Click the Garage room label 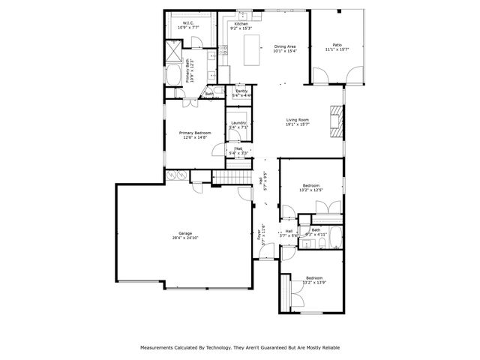(x=185, y=233)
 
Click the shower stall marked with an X (x=172, y=52)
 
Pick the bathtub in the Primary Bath (x=172, y=76)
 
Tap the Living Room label (x=298, y=120)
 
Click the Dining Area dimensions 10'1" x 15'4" (x=284, y=51)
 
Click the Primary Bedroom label (x=195, y=133)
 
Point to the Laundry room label (x=238, y=123)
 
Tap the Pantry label (x=241, y=91)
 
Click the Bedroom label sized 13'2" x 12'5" (x=311, y=185)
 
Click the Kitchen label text (x=241, y=24)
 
